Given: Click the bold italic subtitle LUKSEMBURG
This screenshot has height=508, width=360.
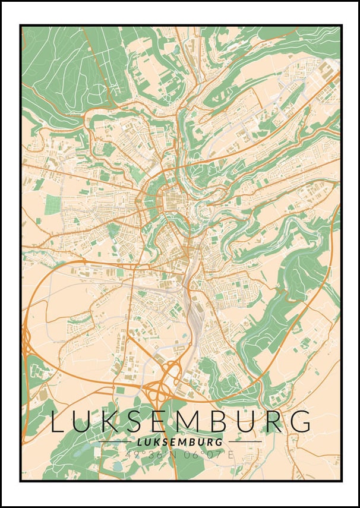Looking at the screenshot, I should tap(179, 442).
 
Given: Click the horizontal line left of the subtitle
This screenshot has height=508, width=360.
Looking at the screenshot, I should tap(115, 442).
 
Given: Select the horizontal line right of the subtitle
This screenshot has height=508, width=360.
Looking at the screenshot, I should tap(245, 442).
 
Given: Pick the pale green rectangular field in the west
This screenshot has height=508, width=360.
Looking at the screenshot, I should tap(53, 204).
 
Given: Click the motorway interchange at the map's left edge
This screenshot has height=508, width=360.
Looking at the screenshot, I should tap(26, 345).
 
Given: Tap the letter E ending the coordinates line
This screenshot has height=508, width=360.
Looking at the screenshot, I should tap(231, 455).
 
